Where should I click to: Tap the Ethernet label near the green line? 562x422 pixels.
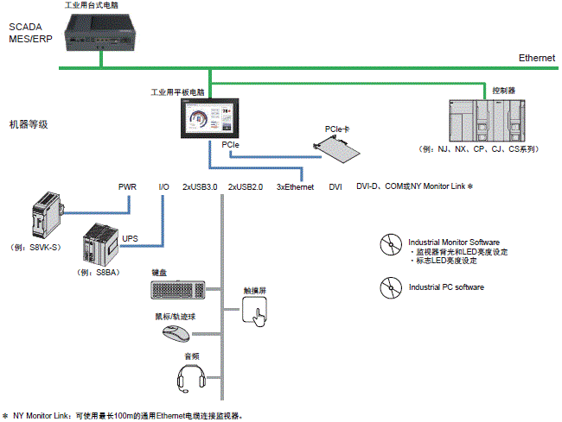537,58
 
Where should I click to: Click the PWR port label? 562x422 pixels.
127,186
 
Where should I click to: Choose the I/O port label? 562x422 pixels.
163,186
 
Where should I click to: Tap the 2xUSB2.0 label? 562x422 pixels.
245,186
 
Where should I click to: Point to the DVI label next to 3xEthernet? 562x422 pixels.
335,186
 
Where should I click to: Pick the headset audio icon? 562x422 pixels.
190,377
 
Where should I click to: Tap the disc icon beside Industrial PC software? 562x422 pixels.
392,287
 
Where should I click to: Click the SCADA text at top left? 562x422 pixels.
26,27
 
